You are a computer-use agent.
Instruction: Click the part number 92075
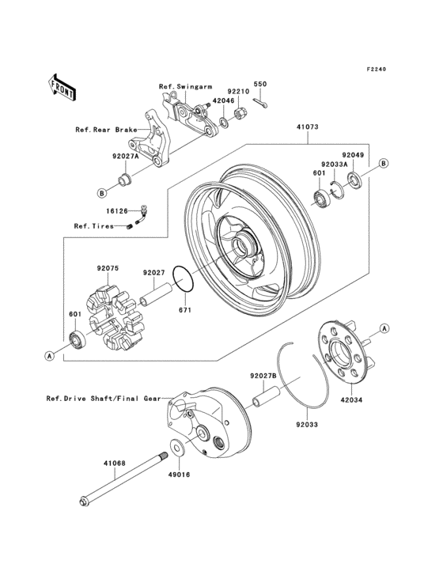point(108,268)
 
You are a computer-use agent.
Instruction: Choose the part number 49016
point(178,477)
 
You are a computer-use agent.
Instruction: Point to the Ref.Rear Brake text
point(106,131)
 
